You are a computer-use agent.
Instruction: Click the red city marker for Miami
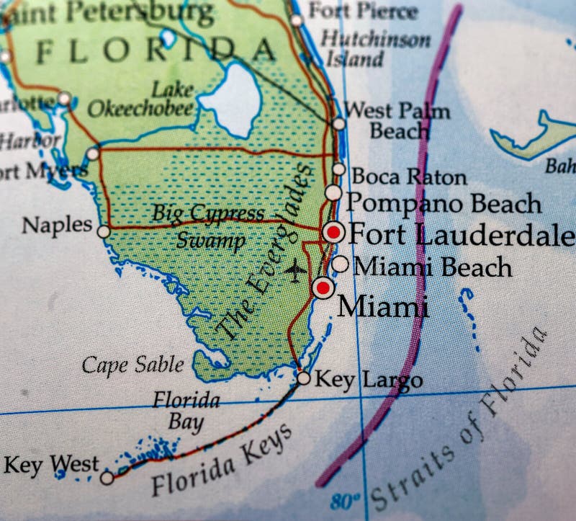pos(323,288)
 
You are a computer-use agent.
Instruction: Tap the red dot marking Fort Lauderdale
pos(333,232)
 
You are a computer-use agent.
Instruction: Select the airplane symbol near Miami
pos(294,271)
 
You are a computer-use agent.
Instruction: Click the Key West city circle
pos(107,477)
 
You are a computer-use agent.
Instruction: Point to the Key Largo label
pos(369,380)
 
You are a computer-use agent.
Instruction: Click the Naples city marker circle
pos(104,231)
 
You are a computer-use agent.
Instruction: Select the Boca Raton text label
pos(408,176)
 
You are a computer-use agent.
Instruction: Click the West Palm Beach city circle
pos(339,124)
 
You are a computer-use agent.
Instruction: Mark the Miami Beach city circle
pos(341,264)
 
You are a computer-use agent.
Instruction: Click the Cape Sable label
pos(132,365)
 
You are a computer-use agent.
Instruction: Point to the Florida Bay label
pos(186,411)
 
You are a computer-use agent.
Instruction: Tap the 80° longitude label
pos(345,500)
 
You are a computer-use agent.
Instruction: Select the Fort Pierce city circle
pos(297,20)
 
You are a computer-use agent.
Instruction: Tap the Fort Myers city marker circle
pos(92,153)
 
